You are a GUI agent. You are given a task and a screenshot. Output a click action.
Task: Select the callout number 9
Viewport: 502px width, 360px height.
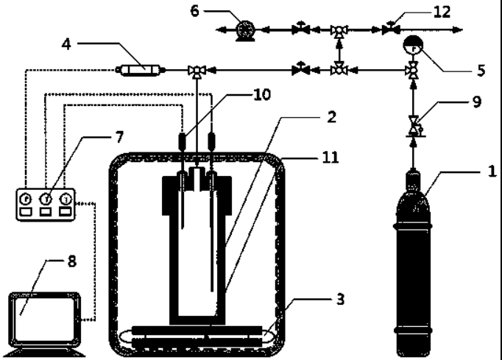[478, 101]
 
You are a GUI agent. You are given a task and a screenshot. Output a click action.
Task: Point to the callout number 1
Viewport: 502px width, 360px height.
[492, 171]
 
